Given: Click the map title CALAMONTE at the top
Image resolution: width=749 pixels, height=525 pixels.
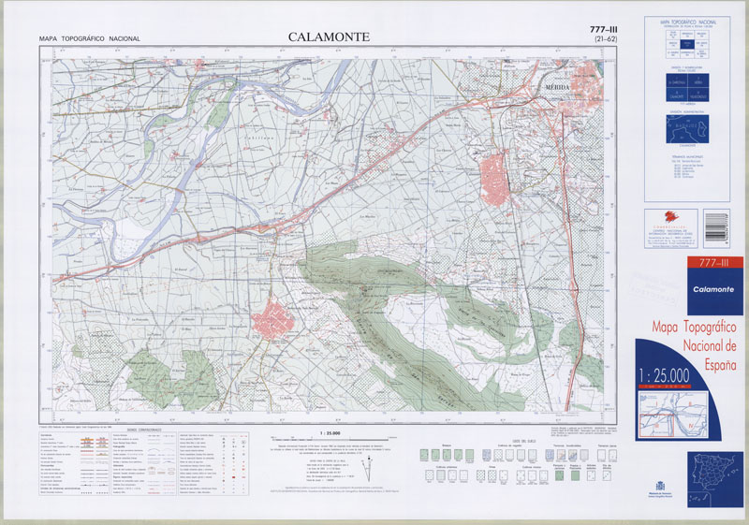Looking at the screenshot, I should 328,36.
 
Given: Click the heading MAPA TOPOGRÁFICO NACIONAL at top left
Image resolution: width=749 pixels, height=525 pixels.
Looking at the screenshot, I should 90,38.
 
